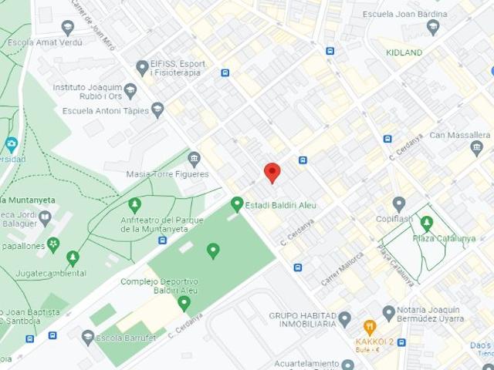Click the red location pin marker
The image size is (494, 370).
pos(272,172)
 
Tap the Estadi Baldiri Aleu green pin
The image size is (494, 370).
pos(237,204)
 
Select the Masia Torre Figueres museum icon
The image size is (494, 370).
pos(194,160)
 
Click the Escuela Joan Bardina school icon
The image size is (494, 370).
pos(432,27)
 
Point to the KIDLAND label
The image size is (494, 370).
pos(404,52)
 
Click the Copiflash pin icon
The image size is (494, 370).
pos(398,204)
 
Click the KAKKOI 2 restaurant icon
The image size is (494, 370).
pos(369,328)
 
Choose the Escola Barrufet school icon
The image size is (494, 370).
pos(88,337)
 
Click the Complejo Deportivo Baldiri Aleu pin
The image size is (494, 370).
pos(184,303)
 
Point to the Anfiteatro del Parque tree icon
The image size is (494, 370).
pos(134,205)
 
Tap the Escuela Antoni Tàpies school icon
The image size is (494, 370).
pos(157,109)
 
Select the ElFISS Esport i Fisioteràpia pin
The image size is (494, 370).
pos(141,69)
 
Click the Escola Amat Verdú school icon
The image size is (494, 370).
pos(67,29)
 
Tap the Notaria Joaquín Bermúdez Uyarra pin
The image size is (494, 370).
pos(388,312)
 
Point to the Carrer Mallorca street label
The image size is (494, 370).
pos(342,266)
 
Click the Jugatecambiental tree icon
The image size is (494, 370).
pos(73,257)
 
